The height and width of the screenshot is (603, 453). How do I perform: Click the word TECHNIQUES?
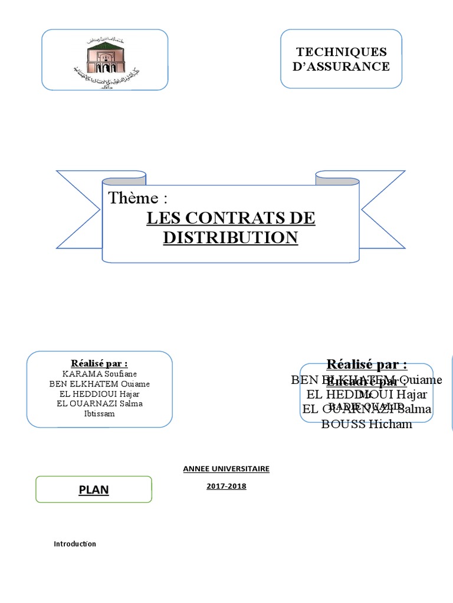(x=342, y=52)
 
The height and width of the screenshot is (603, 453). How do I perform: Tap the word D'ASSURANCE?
(x=342, y=66)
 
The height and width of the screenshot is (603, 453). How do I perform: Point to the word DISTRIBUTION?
(x=231, y=237)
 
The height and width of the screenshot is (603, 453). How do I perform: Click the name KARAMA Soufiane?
(x=100, y=374)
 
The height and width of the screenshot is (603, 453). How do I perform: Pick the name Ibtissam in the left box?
(x=100, y=413)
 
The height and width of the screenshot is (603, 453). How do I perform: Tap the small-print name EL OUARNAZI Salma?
(x=100, y=403)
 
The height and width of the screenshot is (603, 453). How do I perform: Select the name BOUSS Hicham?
(x=366, y=424)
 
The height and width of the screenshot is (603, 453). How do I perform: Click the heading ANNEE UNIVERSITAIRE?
(x=226, y=469)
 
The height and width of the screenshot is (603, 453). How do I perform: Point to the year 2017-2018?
(x=226, y=486)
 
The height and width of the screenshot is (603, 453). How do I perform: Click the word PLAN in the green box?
(x=94, y=490)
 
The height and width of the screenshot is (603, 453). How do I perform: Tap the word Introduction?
(x=75, y=544)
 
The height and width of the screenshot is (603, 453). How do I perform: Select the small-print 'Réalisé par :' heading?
(x=100, y=363)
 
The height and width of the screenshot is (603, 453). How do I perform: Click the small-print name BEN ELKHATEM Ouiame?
(x=100, y=384)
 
